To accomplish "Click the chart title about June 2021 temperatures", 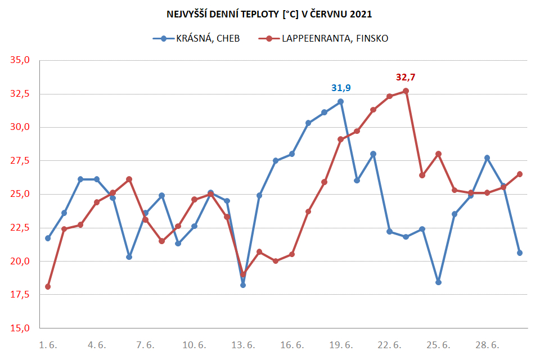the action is [x=269, y=14].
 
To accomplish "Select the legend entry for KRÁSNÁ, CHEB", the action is [x=196, y=38].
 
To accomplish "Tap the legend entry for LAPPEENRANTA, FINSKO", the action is [x=323, y=38].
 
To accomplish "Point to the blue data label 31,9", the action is [x=341, y=88].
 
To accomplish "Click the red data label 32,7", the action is [x=406, y=77].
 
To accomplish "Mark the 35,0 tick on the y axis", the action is [x=20, y=60].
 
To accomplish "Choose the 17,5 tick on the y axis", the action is [x=20, y=295].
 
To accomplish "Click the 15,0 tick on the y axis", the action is [x=20, y=328].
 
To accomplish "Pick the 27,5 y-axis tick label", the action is [x=20, y=160].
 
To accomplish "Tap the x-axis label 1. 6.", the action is [x=48, y=345].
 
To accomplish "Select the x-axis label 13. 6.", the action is [x=243, y=345].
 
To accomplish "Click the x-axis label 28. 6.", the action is [x=487, y=345].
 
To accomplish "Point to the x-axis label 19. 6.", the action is [x=341, y=345].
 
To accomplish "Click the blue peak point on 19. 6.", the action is [x=341, y=102].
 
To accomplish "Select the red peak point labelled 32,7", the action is [x=406, y=91].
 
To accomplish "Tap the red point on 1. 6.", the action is [x=48, y=287].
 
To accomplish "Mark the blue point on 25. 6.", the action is [x=438, y=282].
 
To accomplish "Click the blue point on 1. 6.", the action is [x=48, y=238].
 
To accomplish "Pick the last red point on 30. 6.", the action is [x=520, y=174].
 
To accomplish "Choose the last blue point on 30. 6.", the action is [x=520, y=253].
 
